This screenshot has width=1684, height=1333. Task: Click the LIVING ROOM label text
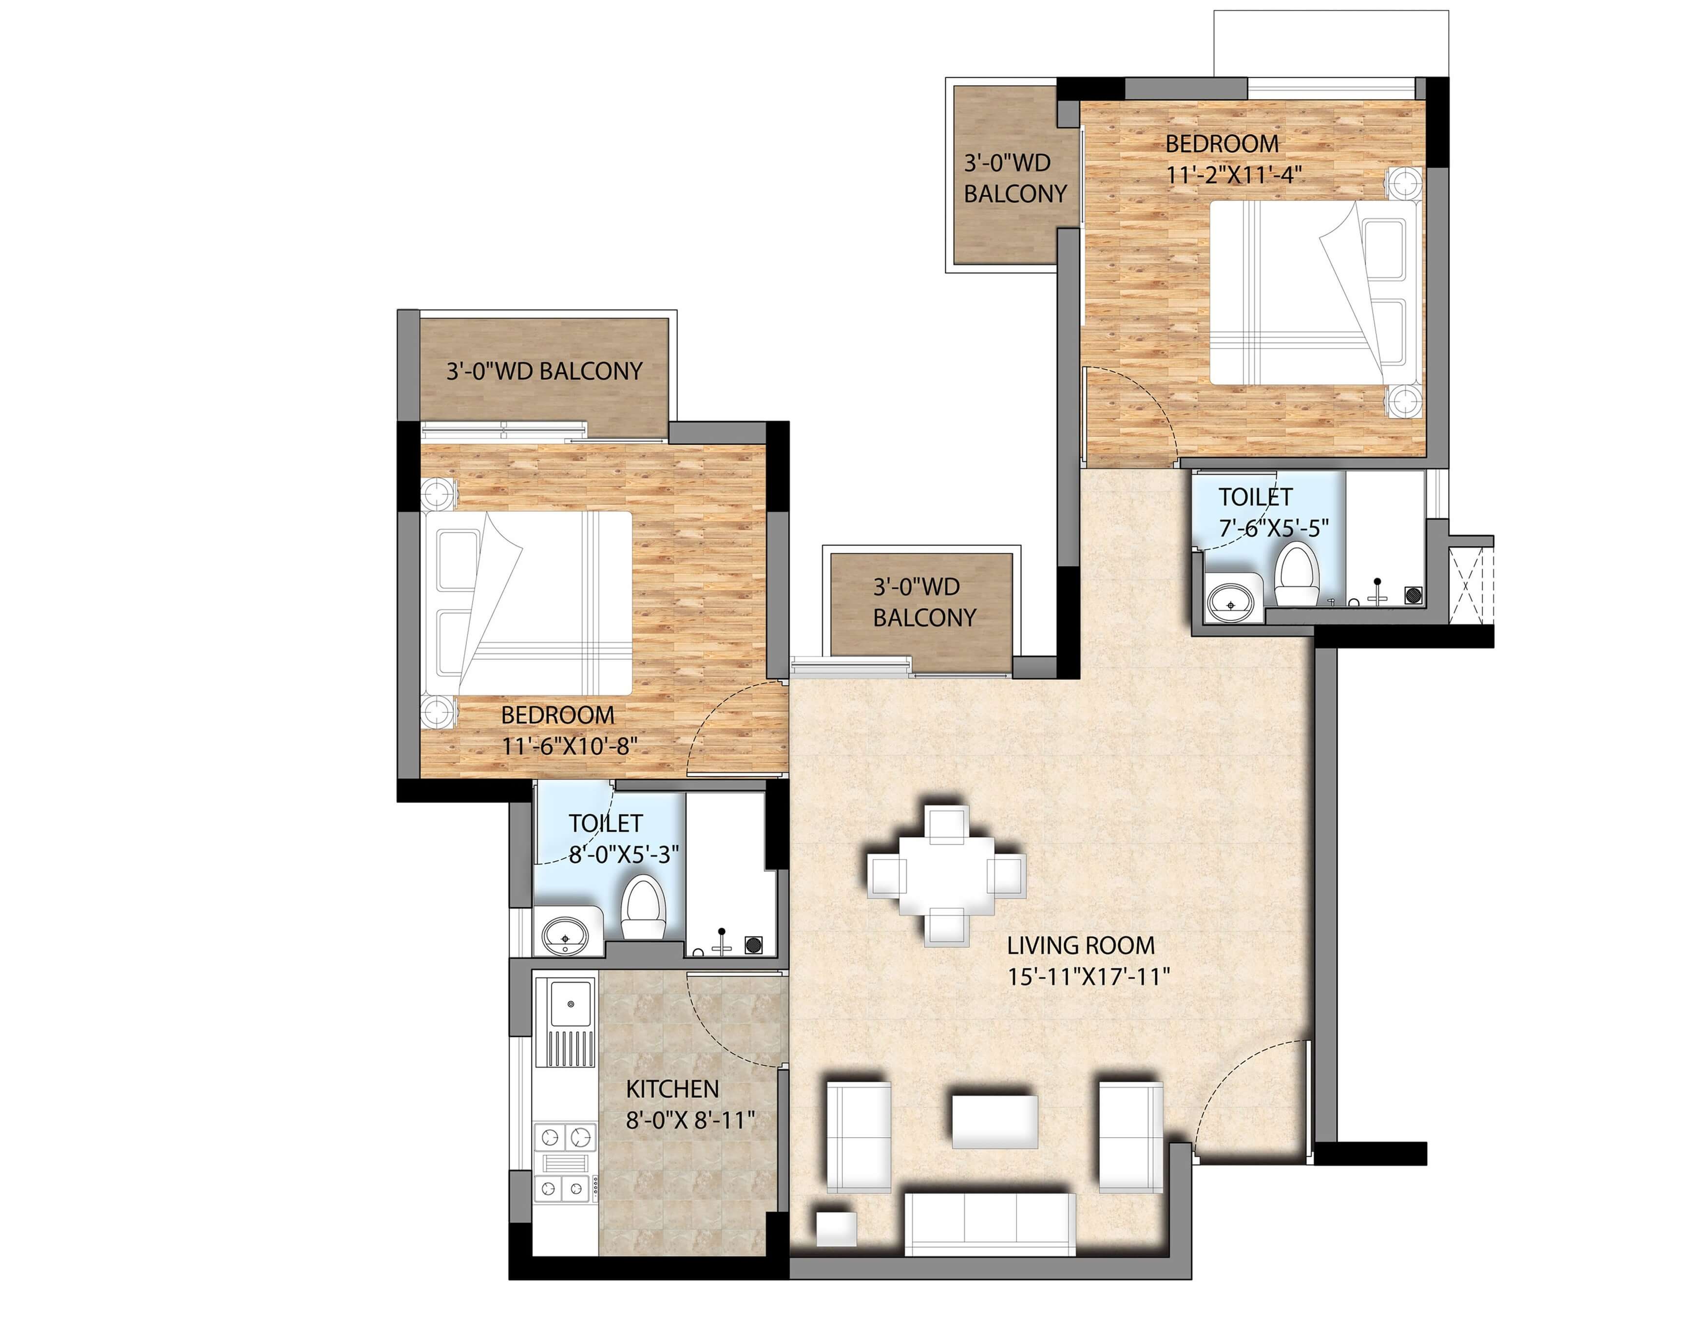coord(1080,946)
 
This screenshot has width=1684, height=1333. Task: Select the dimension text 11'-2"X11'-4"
coord(1234,175)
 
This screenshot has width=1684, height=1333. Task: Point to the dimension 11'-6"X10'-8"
coord(568,746)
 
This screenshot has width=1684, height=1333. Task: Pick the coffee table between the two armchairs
coord(995,1121)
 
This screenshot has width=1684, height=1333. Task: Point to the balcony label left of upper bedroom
coord(1014,179)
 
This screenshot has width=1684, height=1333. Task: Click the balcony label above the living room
coord(923,602)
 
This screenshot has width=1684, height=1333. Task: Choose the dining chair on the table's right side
coord(1006,874)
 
